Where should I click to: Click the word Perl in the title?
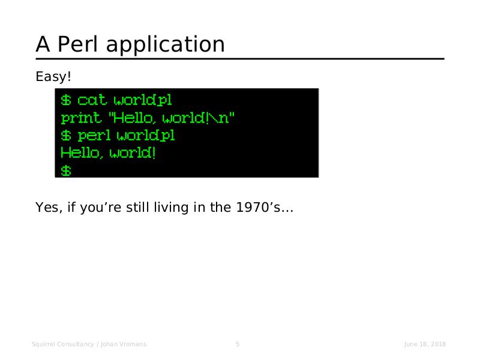[78, 44]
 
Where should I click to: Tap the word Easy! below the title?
[53, 77]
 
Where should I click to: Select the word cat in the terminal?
[92, 100]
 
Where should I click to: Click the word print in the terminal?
[81, 118]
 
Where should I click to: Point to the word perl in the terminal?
[94, 136]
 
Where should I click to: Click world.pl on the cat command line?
[143, 100]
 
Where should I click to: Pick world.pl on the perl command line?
[146, 136]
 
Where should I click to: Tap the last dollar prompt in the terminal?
[66, 171]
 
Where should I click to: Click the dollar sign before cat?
[66, 100]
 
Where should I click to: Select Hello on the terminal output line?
[80, 153]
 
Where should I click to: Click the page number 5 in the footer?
[238, 344]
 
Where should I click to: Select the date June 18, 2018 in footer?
[425, 344]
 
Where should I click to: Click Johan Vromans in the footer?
[124, 344]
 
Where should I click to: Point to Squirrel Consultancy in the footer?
[63, 344]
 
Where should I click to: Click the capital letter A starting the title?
[43, 44]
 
